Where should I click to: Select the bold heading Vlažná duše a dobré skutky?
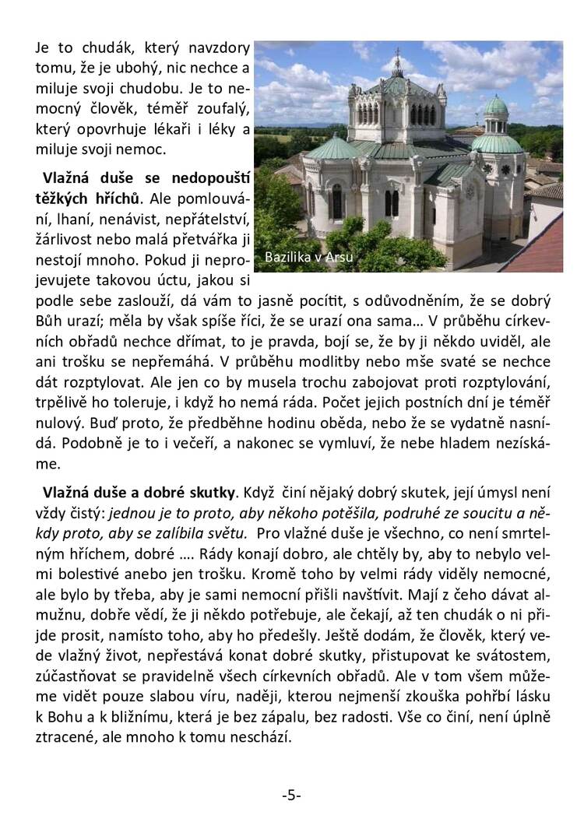coord(139,492)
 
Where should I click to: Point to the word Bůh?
coord(48,321)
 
